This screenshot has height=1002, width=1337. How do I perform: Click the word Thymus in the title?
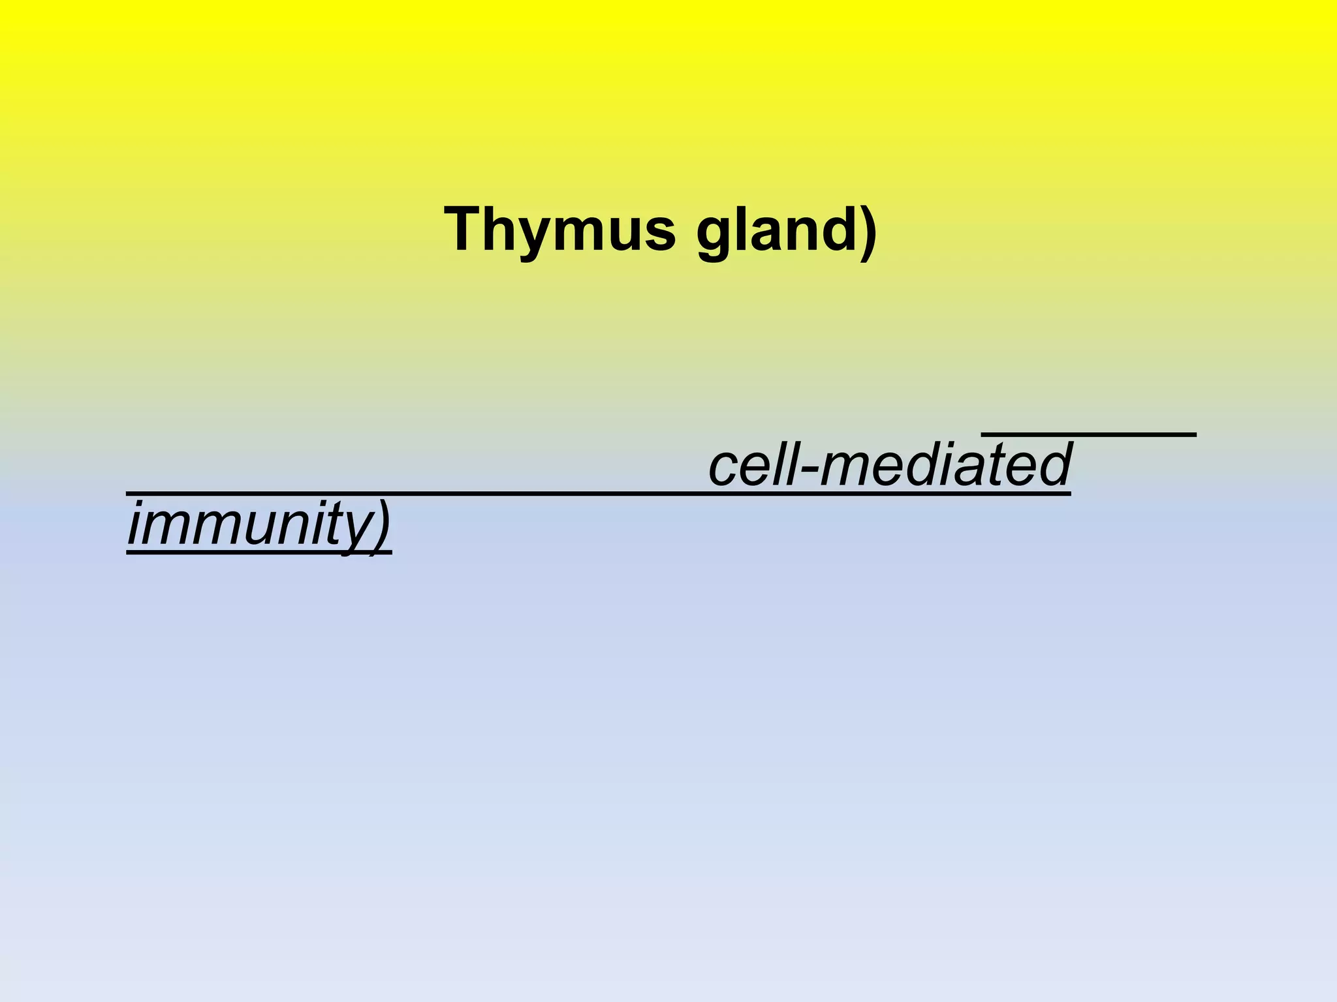(x=559, y=230)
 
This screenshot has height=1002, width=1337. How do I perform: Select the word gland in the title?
(x=774, y=230)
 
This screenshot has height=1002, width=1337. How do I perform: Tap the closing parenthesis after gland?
(x=866, y=230)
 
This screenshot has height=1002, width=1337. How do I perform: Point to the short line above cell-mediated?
(x=1088, y=433)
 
